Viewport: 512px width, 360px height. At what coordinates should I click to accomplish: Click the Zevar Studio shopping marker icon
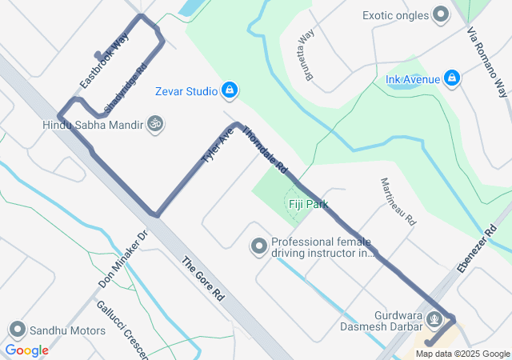tap(230, 90)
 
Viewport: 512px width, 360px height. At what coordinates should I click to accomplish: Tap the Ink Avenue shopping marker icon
tap(452, 78)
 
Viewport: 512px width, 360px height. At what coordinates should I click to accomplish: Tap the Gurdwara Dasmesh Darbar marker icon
tap(434, 318)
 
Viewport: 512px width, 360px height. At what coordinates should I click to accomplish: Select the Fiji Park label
tap(308, 204)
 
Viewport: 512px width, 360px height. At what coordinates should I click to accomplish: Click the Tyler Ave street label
tap(217, 147)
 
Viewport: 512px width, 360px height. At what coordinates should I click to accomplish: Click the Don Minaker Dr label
tap(124, 259)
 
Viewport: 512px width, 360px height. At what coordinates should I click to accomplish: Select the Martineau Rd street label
tap(398, 201)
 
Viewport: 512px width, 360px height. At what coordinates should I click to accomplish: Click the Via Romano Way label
tap(487, 60)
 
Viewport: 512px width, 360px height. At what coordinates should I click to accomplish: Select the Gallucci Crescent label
tap(119, 329)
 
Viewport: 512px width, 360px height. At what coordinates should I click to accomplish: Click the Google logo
tap(26, 350)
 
